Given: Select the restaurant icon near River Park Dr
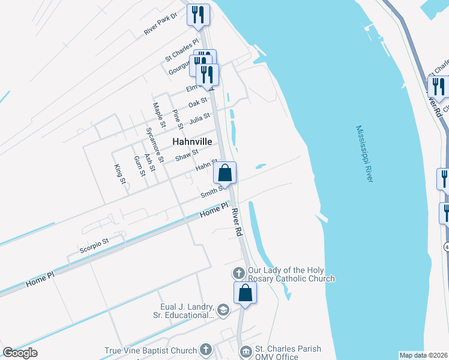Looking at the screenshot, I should click(x=198, y=14).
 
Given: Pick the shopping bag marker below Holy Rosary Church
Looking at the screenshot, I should click(x=245, y=293).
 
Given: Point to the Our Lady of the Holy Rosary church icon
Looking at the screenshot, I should click(x=239, y=274).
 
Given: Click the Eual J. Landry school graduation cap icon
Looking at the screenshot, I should click(x=223, y=310).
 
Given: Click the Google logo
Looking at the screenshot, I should click(x=20, y=353).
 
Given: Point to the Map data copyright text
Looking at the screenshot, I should click(x=423, y=355).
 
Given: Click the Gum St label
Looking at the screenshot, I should click(x=139, y=166).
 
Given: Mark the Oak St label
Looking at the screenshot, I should click(x=197, y=103).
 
